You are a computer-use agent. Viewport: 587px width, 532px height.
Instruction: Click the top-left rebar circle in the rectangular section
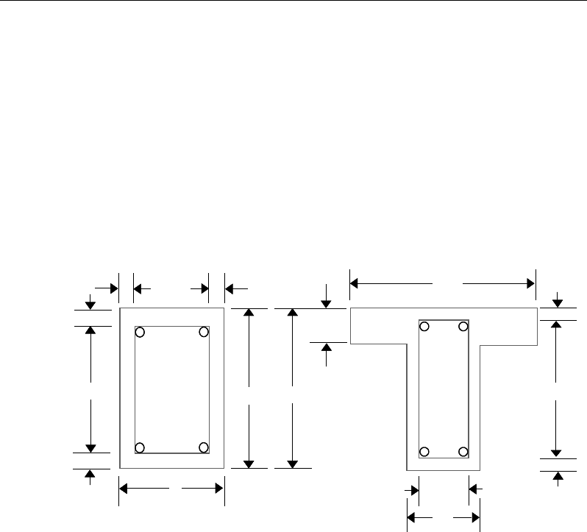point(140,333)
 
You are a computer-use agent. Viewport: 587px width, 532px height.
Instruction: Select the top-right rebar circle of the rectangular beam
point(204,333)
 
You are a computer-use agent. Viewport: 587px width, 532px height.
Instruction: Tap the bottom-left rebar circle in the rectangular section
point(140,447)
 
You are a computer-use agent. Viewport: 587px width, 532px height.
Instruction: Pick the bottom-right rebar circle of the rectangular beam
point(204,447)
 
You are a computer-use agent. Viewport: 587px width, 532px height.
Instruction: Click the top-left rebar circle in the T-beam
point(424,326)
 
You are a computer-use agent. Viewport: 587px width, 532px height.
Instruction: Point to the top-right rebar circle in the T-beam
point(463,326)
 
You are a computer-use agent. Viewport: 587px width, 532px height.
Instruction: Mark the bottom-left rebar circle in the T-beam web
point(424,451)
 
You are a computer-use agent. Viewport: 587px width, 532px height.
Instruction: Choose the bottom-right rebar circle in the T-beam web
point(463,451)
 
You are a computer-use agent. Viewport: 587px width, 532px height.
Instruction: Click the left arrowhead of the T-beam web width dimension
point(412,517)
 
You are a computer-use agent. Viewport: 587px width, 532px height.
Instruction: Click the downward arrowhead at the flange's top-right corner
point(557,302)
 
